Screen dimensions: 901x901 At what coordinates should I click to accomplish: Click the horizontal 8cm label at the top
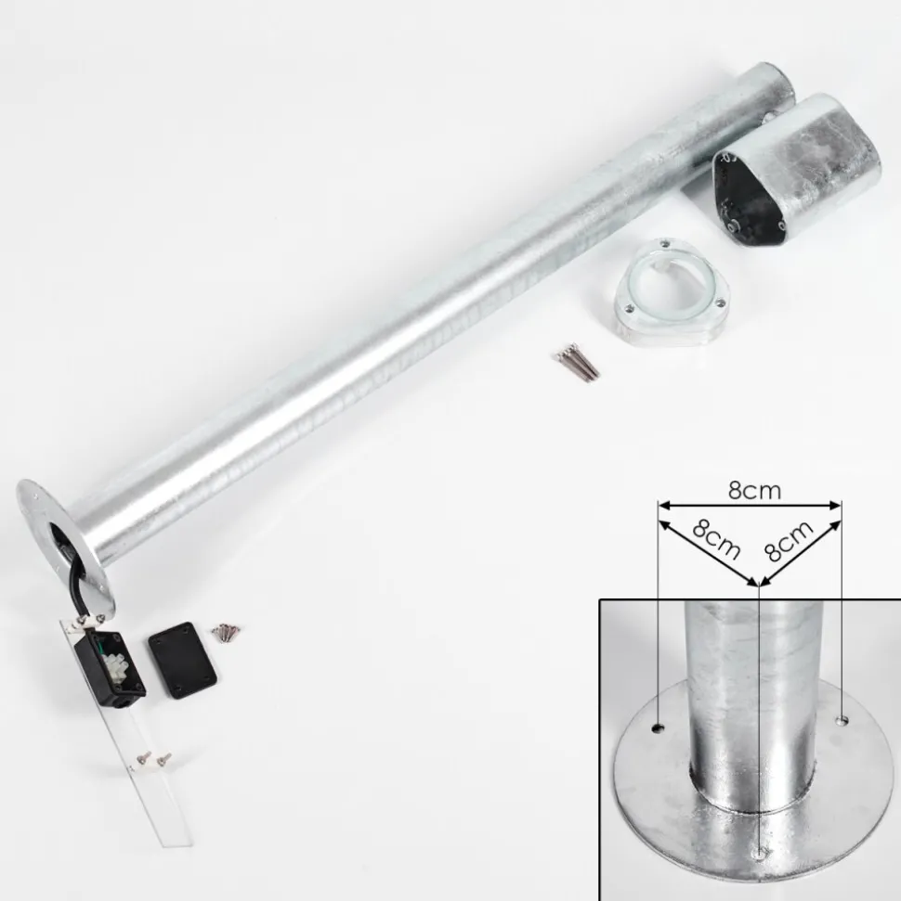coord(754,491)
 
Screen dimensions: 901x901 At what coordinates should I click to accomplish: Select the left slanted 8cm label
coord(716,539)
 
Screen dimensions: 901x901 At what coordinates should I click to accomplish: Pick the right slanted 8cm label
coord(789,541)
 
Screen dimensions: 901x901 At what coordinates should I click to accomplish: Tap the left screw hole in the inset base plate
coord(657,728)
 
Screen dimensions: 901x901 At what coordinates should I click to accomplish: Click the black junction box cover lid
coord(182,661)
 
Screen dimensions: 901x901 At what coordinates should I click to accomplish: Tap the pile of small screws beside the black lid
coord(227,632)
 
